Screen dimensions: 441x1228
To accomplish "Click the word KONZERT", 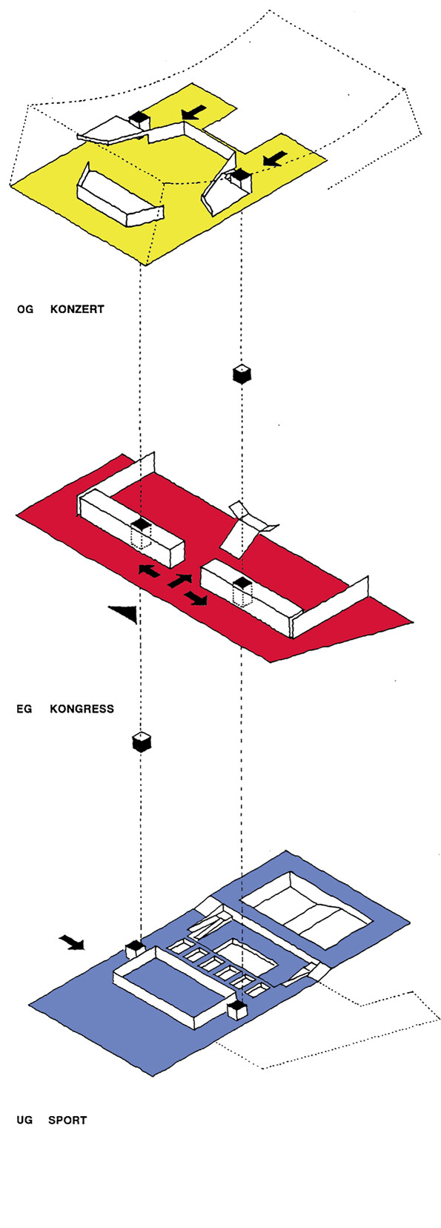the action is [x=77, y=308].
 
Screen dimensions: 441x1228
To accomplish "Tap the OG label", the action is [x=25, y=308].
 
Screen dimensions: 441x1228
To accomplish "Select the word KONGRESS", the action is [x=82, y=708].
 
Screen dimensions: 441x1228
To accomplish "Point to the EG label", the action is [x=24, y=708].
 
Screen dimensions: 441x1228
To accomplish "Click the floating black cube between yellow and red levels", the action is [x=242, y=373].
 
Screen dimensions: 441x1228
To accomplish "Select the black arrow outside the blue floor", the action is [x=72, y=941].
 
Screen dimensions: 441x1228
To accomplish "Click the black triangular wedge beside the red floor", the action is [x=125, y=613].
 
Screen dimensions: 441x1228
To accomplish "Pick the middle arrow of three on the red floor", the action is [x=179, y=581].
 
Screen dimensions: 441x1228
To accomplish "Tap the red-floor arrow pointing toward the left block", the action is [x=148, y=571].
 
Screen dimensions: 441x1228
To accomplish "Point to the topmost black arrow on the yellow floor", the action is [x=194, y=112].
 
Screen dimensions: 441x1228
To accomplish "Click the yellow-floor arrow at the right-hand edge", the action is [x=275, y=159].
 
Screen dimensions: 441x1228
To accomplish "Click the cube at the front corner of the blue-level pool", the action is [x=236, y=1009].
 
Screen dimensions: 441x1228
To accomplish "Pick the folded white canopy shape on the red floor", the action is [x=248, y=527].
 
